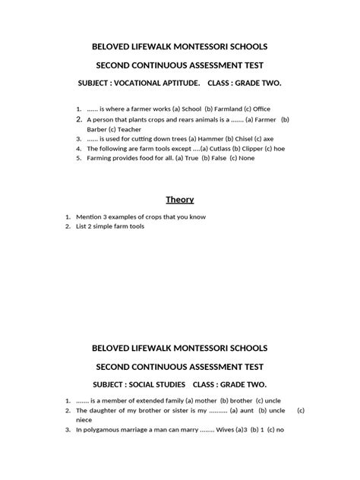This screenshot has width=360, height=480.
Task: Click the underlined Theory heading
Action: coord(180,200)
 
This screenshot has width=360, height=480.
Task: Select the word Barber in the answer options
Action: coord(98,129)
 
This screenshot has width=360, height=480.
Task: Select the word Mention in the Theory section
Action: coord(99,216)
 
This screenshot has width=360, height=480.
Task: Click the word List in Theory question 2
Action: coord(93,226)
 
